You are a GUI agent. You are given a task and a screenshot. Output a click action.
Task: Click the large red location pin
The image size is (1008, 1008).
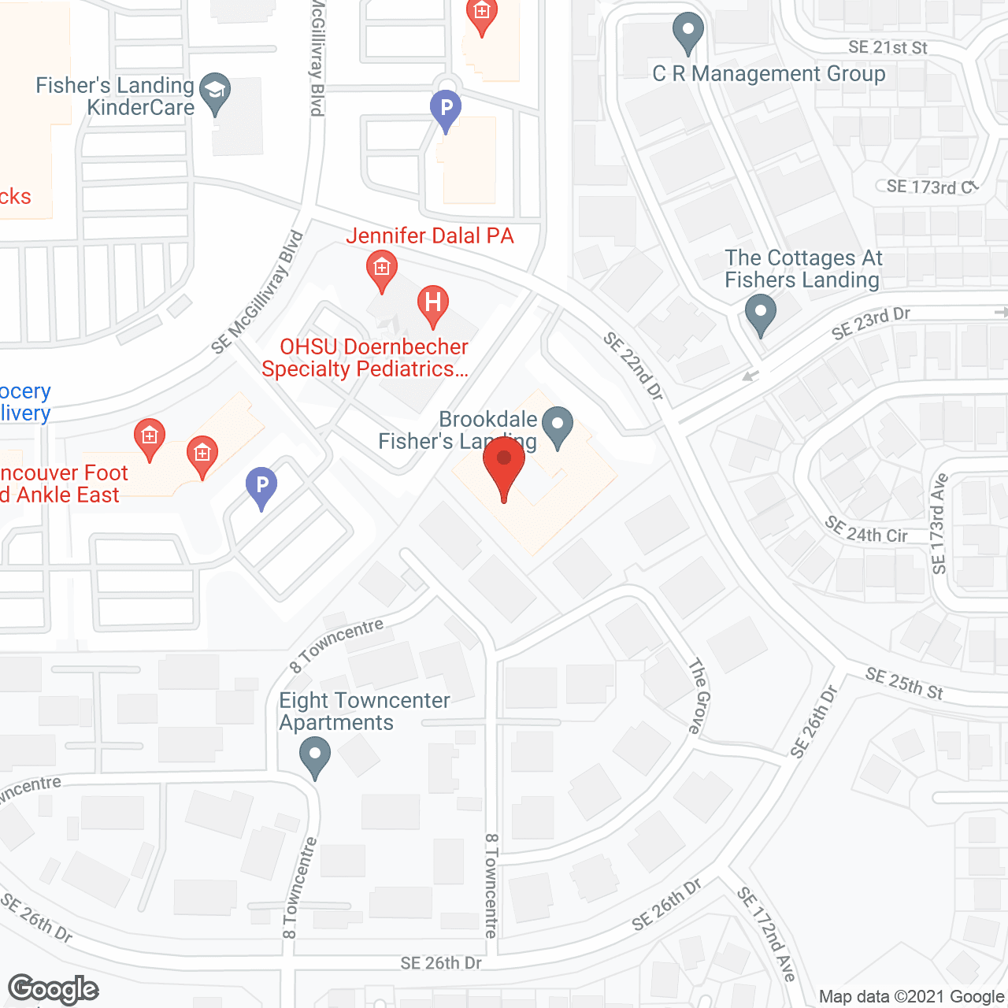[504, 465]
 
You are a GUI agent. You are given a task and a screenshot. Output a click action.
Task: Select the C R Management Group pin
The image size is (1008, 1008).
[688, 33]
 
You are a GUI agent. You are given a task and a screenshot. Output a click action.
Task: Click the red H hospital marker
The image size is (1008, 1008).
[432, 305]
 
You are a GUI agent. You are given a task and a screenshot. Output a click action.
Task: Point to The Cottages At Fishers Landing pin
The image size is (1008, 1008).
[760, 313]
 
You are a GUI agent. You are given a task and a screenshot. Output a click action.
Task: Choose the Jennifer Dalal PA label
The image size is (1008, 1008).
[430, 235]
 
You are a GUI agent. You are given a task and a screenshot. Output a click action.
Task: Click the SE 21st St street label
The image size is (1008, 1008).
[888, 47]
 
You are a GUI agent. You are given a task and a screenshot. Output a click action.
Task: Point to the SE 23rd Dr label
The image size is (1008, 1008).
[870, 323]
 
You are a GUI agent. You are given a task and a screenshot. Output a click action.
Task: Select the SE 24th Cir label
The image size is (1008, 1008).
[865, 530]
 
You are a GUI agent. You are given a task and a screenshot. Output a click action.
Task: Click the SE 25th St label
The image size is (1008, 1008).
[904, 683]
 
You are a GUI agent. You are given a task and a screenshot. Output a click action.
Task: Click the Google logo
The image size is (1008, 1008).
[54, 989]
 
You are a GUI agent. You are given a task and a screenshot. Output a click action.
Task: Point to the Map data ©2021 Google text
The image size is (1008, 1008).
[912, 997]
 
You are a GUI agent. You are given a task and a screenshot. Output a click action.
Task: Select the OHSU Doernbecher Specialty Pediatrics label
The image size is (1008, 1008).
[365, 358]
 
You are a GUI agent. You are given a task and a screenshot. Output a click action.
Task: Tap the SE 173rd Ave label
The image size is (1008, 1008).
[939, 524]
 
